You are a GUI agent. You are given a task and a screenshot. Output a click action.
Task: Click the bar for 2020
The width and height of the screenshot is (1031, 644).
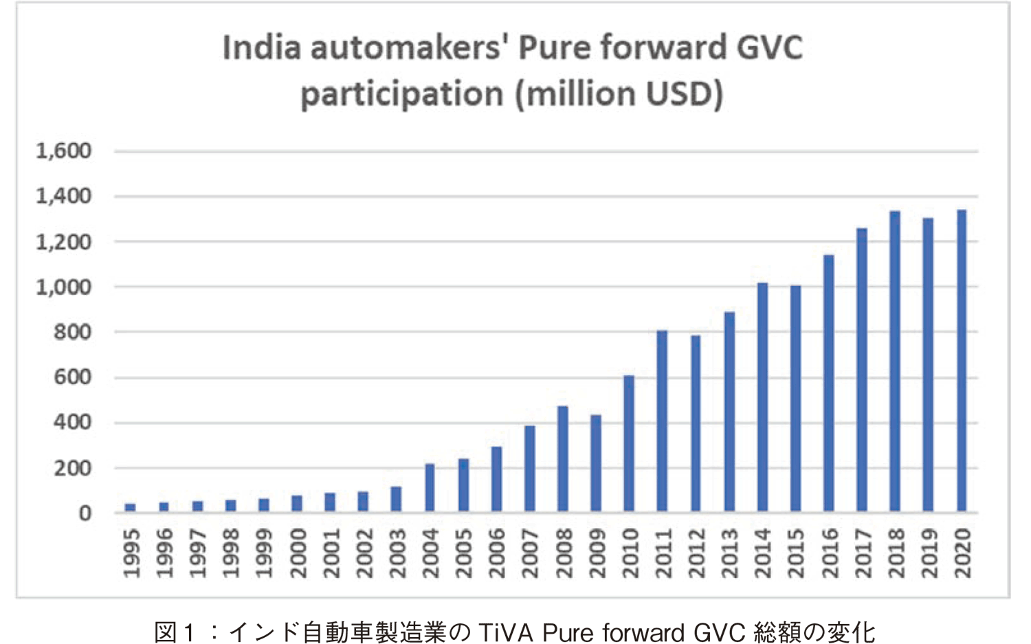coord(962,361)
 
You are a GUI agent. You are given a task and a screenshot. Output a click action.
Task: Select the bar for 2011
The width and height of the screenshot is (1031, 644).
coord(663,421)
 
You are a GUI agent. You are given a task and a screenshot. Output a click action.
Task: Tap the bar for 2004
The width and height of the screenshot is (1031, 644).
coord(430,488)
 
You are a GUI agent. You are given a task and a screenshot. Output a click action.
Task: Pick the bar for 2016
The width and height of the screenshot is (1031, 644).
coord(829,384)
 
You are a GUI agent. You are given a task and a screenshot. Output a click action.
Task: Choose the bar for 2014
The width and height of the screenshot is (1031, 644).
coord(762,397)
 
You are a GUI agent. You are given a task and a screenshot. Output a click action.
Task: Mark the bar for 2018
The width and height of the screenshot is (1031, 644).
coord(895,362)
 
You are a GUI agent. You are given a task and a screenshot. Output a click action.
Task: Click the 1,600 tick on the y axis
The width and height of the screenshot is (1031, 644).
coord(64,151)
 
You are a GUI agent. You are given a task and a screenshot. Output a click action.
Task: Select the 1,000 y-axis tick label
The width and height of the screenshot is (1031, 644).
coord(64,287)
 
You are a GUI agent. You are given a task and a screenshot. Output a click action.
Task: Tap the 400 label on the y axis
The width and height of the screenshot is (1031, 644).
coord(73,423)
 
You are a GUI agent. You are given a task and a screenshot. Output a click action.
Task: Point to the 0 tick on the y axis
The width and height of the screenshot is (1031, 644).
coord(85,513)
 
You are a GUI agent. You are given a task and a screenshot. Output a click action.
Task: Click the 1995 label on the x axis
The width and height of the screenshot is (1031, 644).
coord(131,553)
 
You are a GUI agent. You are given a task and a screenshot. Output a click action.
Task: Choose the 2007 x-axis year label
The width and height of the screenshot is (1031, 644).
coord(530,553)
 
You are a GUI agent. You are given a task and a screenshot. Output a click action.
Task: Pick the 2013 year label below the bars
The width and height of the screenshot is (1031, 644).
coord(729,553)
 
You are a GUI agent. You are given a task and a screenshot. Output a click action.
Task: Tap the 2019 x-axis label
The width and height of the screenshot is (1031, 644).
coord(929,553)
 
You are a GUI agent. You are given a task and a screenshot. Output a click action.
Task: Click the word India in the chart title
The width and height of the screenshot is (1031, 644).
coord(262,48)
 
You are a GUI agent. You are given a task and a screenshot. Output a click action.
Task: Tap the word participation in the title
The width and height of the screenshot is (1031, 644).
coord(402,94)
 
